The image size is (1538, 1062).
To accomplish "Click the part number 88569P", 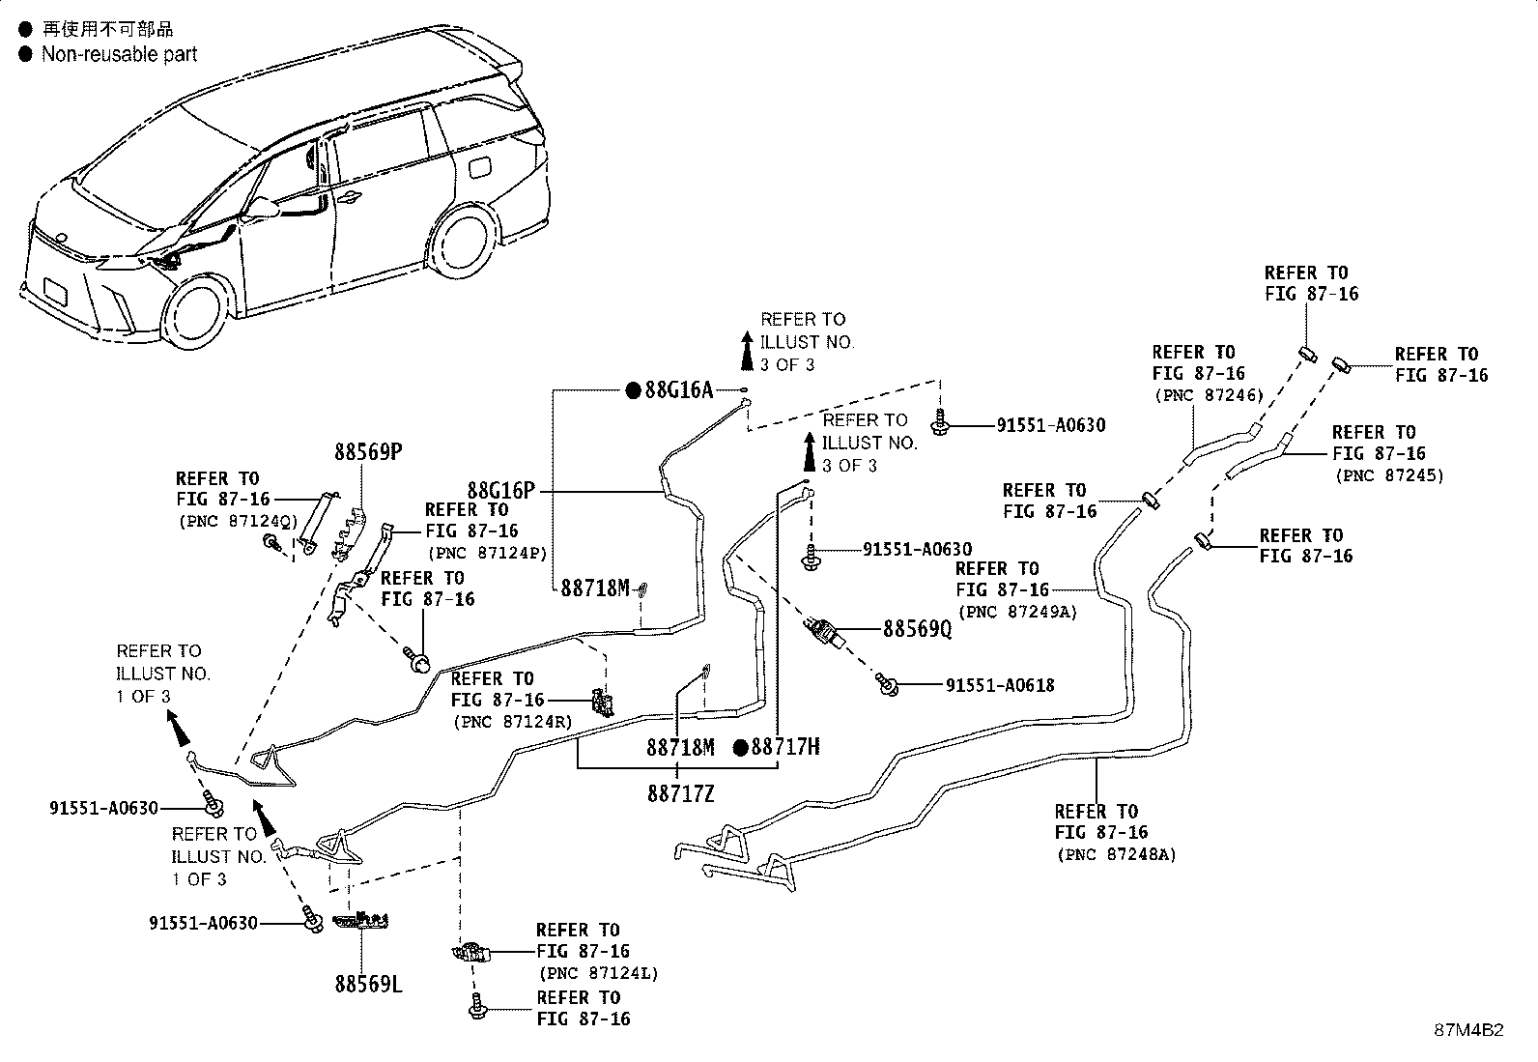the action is pos(368,452).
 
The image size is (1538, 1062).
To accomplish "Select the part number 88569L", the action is pos(368,985).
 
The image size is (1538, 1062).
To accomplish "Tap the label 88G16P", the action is pos(500,491).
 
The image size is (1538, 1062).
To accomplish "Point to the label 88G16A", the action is pos(679,390).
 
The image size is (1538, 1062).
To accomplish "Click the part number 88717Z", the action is pos(680,794).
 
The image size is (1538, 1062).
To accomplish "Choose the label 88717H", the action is pos(784,747).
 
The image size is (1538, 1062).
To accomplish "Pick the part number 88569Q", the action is pos(918,628).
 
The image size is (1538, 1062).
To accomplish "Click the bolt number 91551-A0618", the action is pos(1000,685).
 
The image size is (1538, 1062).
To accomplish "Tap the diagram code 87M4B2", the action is pos(1468,1030).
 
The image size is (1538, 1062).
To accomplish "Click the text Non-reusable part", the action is pos(120,54).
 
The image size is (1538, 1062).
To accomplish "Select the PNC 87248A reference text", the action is pos(1117,854).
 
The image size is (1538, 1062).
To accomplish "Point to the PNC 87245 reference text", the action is pos(1389,475).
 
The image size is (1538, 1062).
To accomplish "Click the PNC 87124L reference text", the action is pos(598,973).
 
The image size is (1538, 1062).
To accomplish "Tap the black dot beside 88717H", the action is pos(740,747).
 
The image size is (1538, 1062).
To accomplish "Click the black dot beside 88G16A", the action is pos(633,390).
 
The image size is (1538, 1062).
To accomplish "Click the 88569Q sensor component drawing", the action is pos(825,632).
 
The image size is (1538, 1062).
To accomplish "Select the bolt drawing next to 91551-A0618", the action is pos(887,685).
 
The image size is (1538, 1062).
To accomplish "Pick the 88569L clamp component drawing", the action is pos(360,920).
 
